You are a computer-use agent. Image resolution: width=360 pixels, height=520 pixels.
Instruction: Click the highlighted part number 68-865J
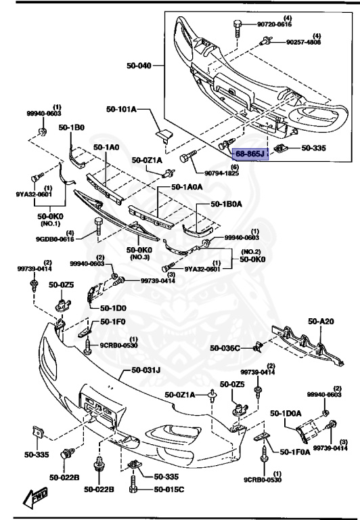(250, 155)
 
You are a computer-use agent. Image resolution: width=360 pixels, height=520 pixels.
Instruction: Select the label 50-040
(139, 66)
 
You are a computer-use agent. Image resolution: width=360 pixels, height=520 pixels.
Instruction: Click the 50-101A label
(121, 109)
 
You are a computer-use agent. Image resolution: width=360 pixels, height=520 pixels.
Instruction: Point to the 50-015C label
(169, 489)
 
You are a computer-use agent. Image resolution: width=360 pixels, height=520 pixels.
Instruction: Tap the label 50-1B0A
(227, 203)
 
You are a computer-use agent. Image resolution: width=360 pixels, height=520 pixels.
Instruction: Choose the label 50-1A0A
(186, 186)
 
